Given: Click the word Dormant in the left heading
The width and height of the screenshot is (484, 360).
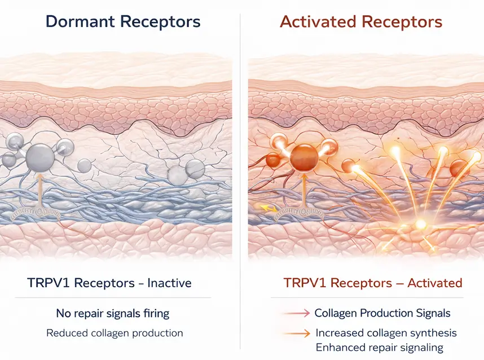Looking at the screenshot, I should tap(82, 22).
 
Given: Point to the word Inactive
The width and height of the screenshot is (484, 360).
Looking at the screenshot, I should tap(169, 283).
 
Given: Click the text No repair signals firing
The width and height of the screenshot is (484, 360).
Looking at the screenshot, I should tap(113, 313).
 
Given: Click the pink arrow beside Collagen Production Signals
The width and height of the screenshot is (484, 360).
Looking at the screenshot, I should tap(296, 313).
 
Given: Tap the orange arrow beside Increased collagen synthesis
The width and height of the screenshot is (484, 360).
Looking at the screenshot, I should tap(296, 333).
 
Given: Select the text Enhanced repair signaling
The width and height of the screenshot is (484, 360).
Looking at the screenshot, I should tap(379, 348).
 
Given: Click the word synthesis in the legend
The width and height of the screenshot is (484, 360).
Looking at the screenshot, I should tap(432, 333).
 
